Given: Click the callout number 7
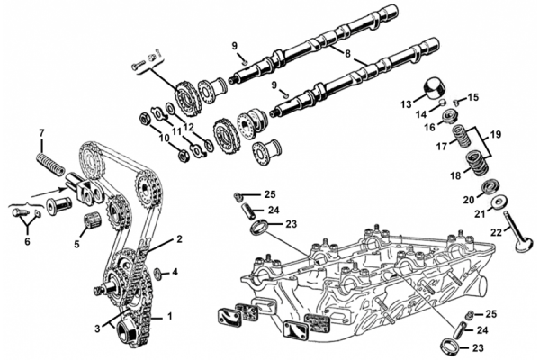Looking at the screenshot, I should (40, 135).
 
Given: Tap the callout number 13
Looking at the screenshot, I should (407, 103).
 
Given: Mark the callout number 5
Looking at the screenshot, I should (76, 243).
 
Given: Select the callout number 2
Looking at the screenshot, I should (179, 239).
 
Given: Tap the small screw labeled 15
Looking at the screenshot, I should (456, 100).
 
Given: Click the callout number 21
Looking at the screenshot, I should (455, 214).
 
